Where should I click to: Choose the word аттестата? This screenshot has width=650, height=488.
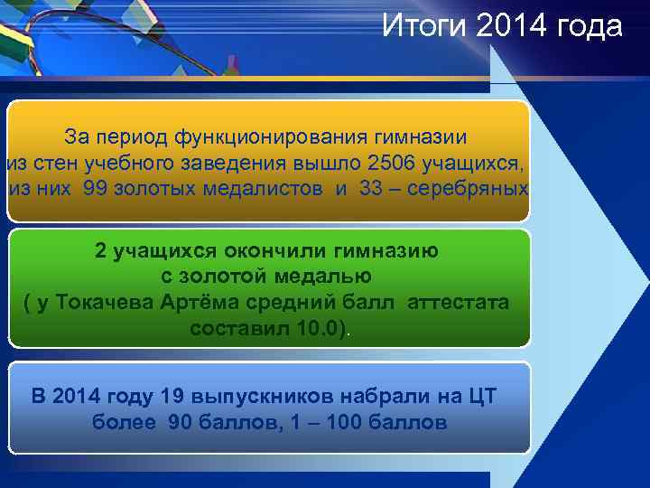click(x=458, y=302)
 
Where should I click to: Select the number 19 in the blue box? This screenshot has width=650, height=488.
click(x=171, y=397)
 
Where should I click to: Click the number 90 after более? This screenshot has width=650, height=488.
click(x=181, y=422)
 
